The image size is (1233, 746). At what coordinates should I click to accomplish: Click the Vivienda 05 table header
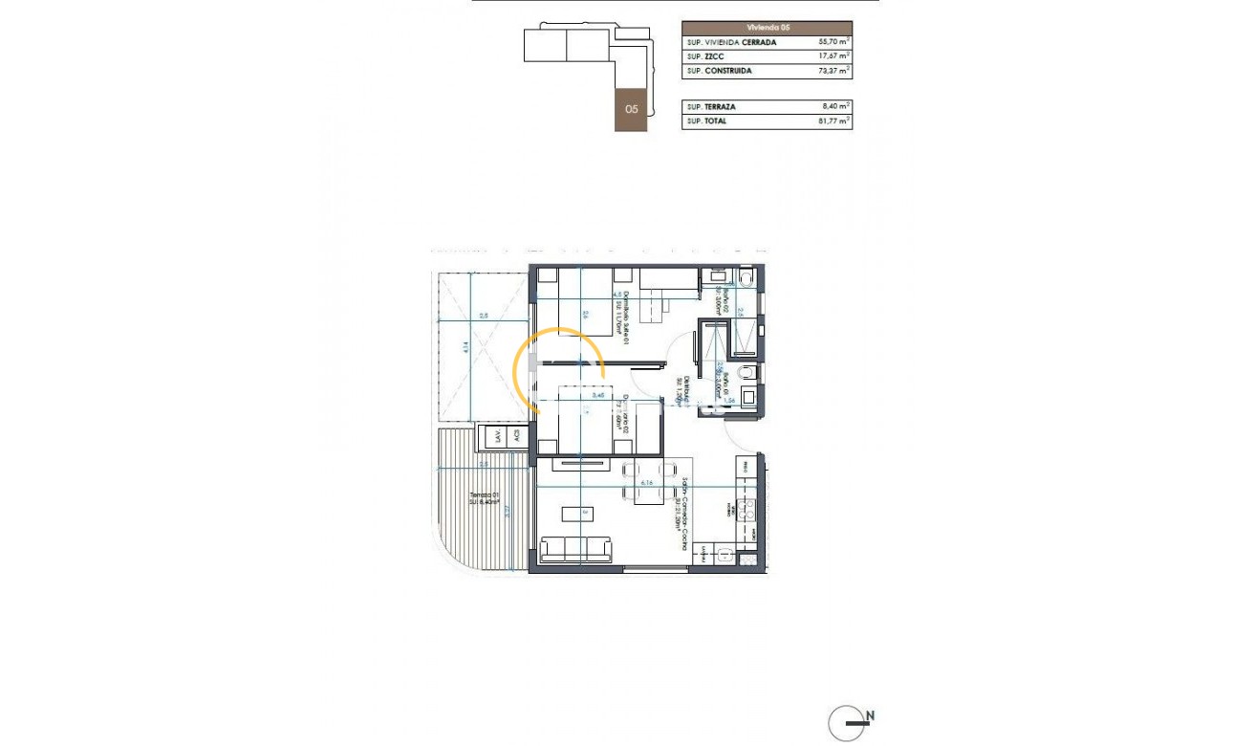click(767, 28)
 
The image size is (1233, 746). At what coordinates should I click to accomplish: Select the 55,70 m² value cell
click(834, 43)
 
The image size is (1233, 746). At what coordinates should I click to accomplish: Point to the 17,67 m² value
click(834, 57)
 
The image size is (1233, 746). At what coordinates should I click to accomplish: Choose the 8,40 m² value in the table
click(834, 107)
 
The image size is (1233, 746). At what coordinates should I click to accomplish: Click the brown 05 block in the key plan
click(631, 109)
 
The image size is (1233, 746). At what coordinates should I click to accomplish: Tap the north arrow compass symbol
click(847, 723)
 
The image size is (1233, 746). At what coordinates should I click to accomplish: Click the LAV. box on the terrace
click(495, 436)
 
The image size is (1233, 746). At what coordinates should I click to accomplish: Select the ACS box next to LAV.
click(517, 436)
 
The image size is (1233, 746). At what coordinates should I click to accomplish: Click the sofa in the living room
click(576, 549)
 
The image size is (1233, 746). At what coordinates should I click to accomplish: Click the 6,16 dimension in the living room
click(648, 484)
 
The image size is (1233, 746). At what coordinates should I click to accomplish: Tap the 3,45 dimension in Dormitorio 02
click(599, 395)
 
